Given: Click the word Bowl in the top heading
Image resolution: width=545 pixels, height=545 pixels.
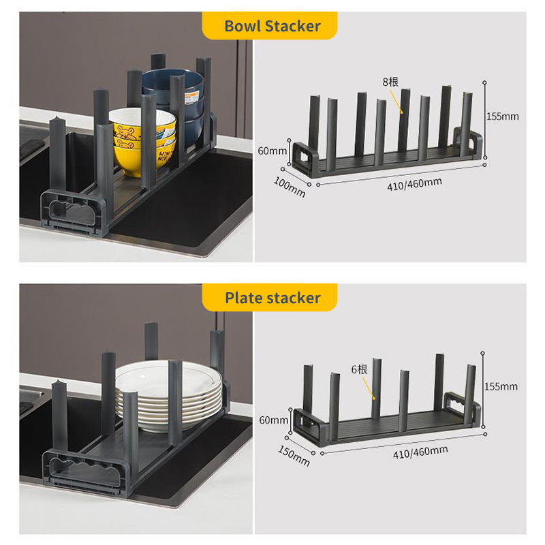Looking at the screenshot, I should point(243,27).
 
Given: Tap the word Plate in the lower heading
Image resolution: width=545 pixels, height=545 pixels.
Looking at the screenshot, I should point(245,298).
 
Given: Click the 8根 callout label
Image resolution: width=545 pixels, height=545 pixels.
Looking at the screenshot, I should point(390,82).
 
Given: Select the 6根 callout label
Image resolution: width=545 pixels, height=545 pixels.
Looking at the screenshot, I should point(359,369).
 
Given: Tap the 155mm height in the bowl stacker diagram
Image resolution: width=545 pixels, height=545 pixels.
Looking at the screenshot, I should point(502,116).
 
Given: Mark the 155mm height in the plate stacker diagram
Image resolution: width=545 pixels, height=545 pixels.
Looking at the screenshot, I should point(501,386).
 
